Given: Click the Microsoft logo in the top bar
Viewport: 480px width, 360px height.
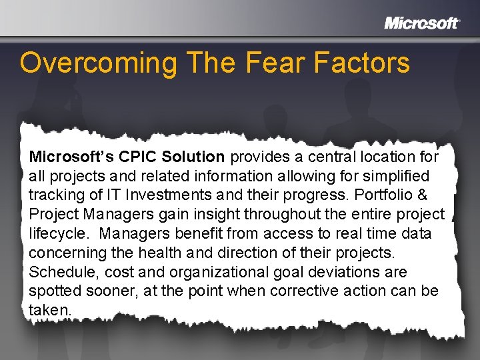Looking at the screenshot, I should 421,23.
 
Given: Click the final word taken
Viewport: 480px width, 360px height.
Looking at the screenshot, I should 50,311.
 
